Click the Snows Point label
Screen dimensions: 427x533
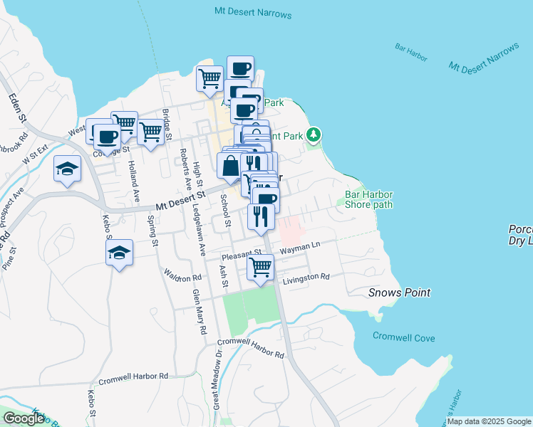pos(400,292)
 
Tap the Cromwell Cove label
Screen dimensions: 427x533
pos(404,337)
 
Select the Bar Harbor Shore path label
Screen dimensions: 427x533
pos(368,199)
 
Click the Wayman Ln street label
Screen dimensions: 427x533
pos(301,248)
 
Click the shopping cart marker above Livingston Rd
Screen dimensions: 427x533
pos(261,268)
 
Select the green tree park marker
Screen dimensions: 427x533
pos(314,135)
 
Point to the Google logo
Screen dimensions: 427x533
pos(24,418)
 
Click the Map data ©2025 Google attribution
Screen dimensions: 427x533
pos(488,421)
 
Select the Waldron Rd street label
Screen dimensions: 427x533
pos(183,275)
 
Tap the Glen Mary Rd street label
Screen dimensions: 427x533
pos(199,310)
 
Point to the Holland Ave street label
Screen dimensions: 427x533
pos(133,174)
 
